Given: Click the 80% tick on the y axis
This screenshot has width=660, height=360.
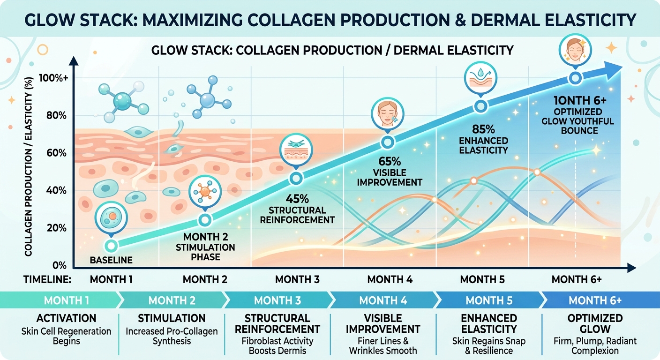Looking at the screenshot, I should (x=57, y=116).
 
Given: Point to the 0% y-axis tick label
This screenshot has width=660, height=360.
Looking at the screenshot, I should (x=59, y=265).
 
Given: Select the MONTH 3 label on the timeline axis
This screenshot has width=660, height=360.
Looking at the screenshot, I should (x=297, y=280).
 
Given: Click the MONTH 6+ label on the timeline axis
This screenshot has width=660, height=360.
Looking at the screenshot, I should (x=577, y=280).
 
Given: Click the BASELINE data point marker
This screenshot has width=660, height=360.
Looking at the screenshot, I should (x=111, y=246).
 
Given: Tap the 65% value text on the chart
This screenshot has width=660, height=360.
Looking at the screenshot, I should (x=390, y=161).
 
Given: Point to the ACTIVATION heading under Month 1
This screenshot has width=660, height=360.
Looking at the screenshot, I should (x=66, y=319).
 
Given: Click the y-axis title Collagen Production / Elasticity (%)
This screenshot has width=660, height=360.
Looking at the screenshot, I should (x=28, y=167).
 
